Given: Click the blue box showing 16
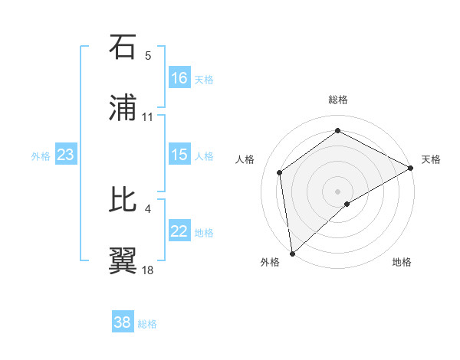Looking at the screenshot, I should pyautogui.click(x=179, y=77).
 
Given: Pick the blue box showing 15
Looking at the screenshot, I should pyautogui.click(x=179, y=155).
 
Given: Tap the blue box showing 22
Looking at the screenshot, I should pyautogui.click(x=179, y=232).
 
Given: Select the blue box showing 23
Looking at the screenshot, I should pyautogui.click(x=66, y=155).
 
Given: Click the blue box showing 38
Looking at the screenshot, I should pyautogui.click(x=123, y=322).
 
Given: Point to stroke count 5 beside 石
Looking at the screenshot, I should pyautogui.click(x=148, y=56).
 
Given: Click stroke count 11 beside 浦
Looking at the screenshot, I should pyautogui.click(x=148, y=117).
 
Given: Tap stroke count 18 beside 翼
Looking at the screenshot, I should pyautogui.click(x=148, y=270).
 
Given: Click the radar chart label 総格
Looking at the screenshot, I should pyautogui.click(x=338, y=100).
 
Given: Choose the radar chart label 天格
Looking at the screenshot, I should pyautogui.click(x=431, y=159).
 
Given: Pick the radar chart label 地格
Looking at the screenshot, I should pyautogui.click(x=402, y=262).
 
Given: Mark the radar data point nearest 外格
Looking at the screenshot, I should pyautogui.click(x=292, y=253).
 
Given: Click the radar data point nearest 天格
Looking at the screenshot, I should pyautogui.click(x=412, y=168).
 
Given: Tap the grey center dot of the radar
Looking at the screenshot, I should pyautogui.click(x=337, y=191).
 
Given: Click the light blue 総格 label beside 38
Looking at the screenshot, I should pyautogui.click(x=147, y=324).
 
